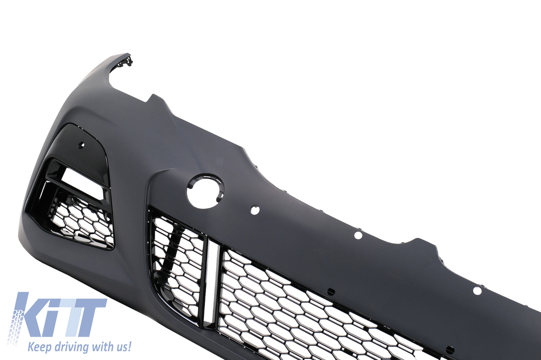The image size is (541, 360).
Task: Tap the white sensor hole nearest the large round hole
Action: (255, 210)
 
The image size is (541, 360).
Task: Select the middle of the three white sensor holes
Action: (358, 235)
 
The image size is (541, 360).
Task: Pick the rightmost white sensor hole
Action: (477, 291)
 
